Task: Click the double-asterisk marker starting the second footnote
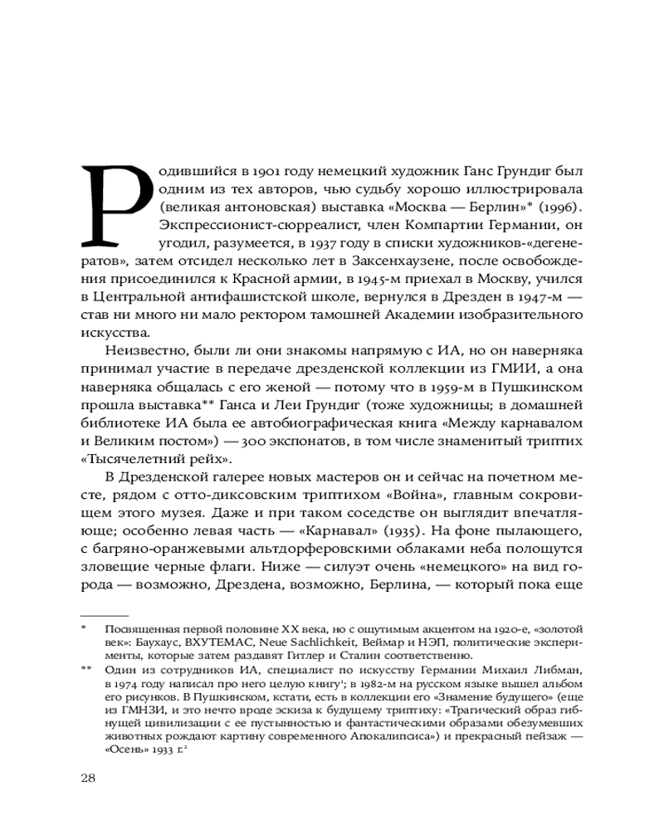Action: [x=86, y=669]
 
